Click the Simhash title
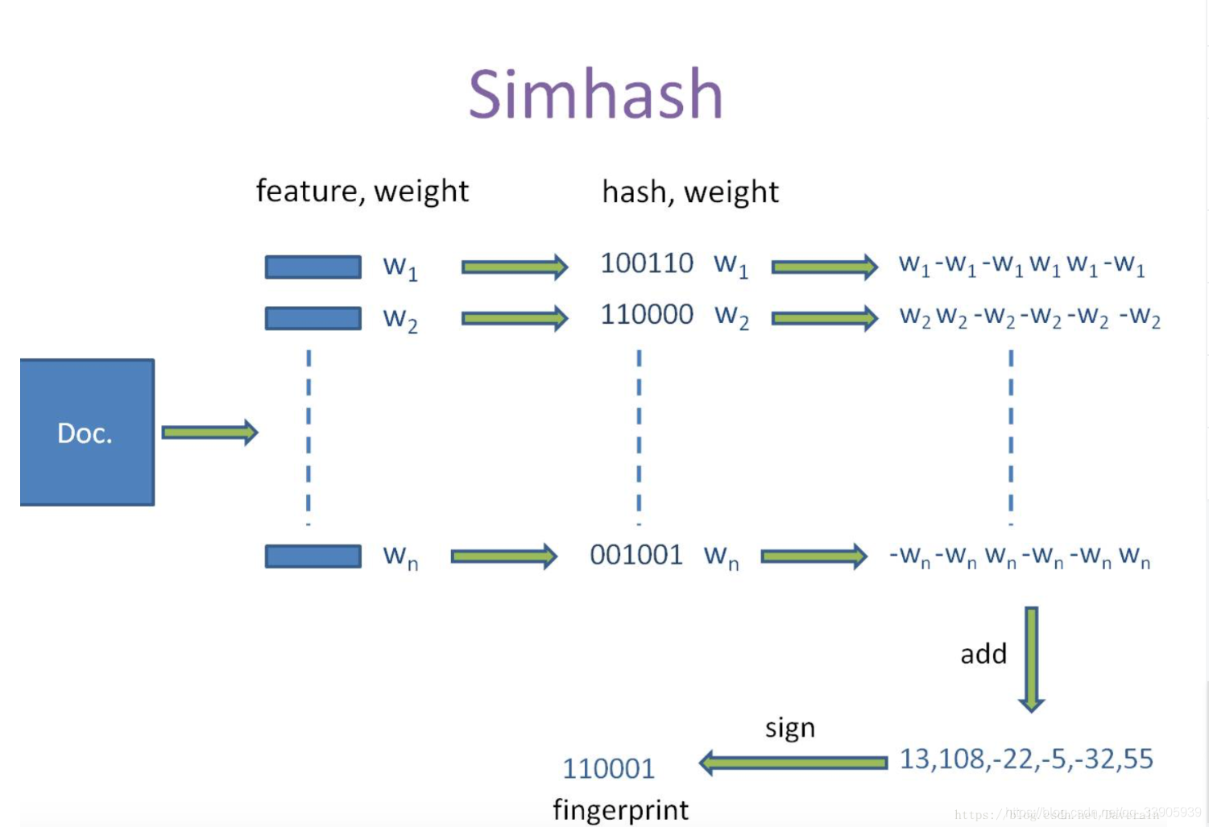tap(596, 94)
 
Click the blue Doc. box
tap(87, 432)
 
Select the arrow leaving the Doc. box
tap(209, 432)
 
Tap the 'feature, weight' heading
tap(362, 192)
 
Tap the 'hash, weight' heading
tap(690, 192)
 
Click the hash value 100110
tap(647, 263)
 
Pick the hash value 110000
tap(647, 315)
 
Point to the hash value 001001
tap(636, 555)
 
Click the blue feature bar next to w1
tap(313, 267)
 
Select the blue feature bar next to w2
tap(313, 318)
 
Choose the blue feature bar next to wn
tap(313, 556)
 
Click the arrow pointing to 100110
tap(514, 267)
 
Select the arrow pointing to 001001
tap(503, 556)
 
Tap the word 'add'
tap(983, 654)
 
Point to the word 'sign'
tap(789, 728)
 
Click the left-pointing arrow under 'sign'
tap(793, 762)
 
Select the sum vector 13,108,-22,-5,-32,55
tap(1026, 759)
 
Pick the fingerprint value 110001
tap(608, 769)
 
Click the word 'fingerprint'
tap(620, 809)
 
